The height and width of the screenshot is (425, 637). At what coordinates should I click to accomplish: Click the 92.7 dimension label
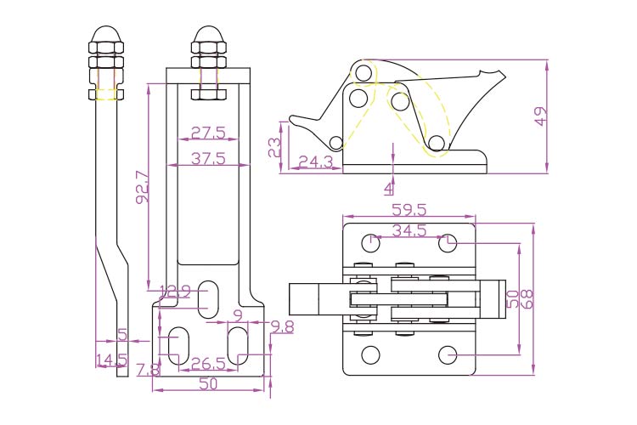(142, 187)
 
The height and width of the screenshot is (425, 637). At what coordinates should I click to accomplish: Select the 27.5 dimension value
(207, 133)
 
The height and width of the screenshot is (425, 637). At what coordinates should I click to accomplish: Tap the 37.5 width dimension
(207, 158)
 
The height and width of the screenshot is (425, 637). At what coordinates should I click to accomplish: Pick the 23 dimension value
(274, 148)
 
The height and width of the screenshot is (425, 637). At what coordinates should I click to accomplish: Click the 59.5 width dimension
(409, 209)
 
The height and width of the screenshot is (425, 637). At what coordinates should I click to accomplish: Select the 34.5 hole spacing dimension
(410, 230)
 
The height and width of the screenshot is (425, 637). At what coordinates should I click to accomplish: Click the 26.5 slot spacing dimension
(207, 363)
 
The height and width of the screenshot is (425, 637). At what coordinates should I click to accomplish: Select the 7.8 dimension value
(148, 370)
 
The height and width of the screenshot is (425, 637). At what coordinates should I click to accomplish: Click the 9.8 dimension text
(282, 326)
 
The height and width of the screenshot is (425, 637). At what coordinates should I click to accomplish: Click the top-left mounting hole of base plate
(371, 243)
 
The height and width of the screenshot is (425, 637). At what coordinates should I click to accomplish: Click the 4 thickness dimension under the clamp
(390, 186)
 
